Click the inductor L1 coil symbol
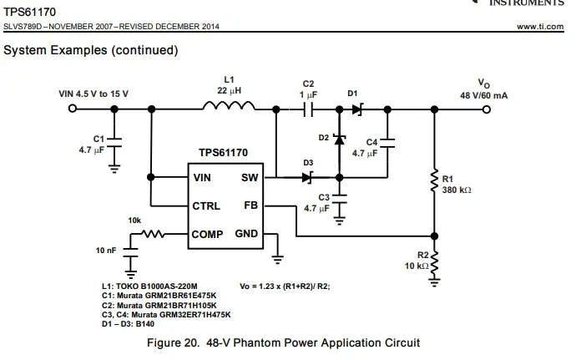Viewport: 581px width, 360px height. pyautogui.click(x=230, y=107)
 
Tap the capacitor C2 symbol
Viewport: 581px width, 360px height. pyautogui.click(x=309, y=109)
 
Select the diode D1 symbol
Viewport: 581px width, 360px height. pyautogui.click(x=357, y=109)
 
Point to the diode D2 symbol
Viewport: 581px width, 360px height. pyautogui.click(x=339, y=139)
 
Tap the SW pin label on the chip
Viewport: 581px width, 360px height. pyautogui.click(x=250, y=178)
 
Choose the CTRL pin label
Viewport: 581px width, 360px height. pyautogui.click(x=206, y=205)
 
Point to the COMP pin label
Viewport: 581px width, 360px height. pyautogui.click(x=208, y=235)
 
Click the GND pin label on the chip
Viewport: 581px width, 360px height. pyautogui.click(x=246, y=234)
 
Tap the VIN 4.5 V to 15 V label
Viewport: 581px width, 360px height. pyautogui.click(x=93, y=94)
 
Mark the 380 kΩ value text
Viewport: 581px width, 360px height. pyautogui.click(x=457, y=190)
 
